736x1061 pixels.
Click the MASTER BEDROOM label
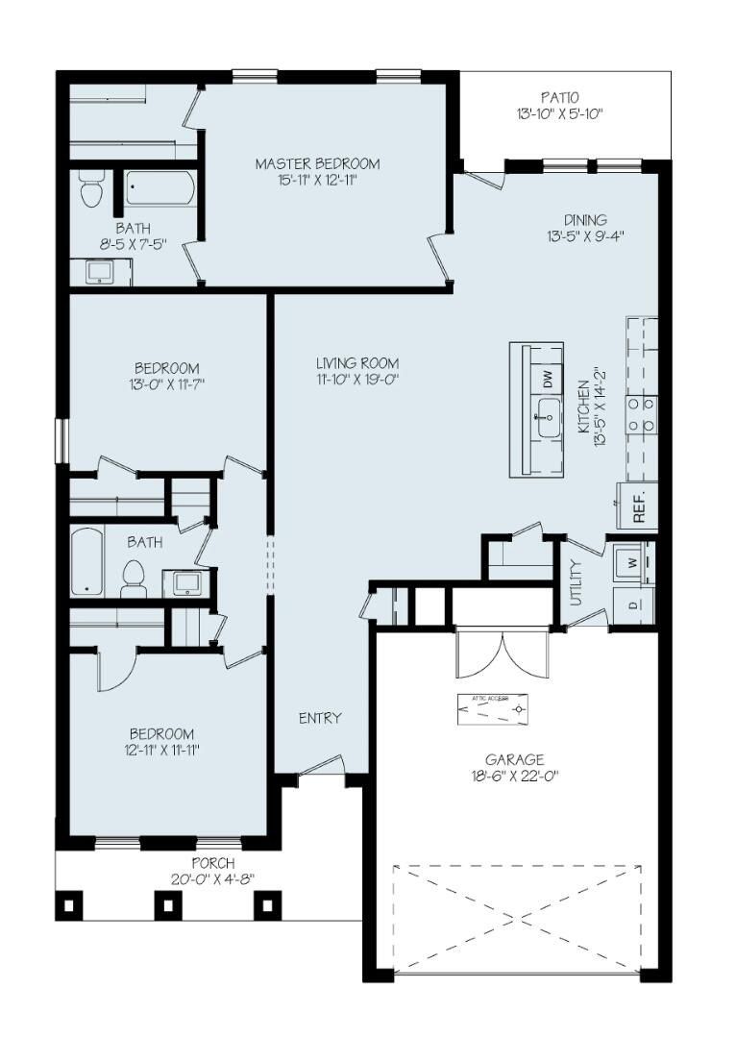pos(317,163)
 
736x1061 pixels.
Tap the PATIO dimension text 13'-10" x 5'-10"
pos(558,114)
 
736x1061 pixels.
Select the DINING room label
pos(585,219)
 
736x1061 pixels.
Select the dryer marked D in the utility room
pos(633,605)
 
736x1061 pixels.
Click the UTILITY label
pos(577,581)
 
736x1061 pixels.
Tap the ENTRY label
pos(320,718)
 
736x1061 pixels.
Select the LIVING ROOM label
pos(357,362)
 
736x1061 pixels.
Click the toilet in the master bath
pos(92,189)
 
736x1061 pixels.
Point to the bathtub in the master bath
pos(159,189)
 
